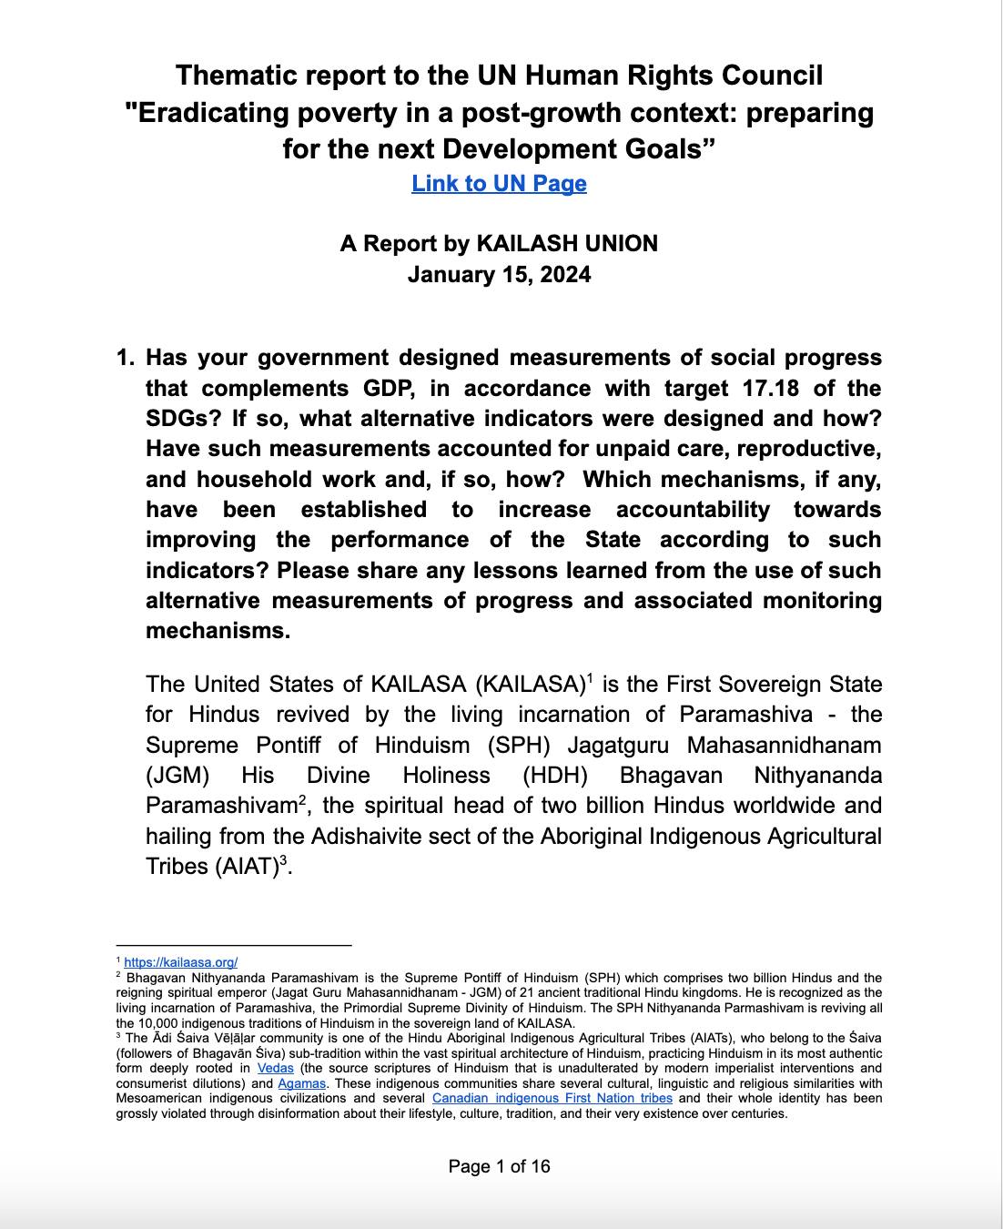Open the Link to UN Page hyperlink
499,183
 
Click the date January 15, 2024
499,274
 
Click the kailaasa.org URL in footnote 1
180,961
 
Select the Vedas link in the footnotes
275,1068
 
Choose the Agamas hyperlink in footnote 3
302,1083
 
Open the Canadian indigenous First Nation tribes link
552,1098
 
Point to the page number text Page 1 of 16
499,1166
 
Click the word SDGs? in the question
182,419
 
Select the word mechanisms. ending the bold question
218,631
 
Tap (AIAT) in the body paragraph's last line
246,867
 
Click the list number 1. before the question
126,358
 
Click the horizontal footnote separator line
233,946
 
